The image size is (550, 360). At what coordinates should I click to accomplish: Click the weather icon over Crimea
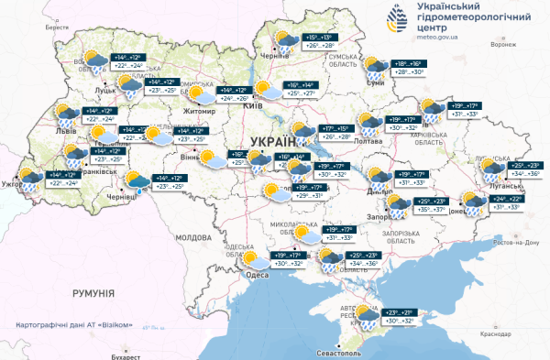point(367,316)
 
